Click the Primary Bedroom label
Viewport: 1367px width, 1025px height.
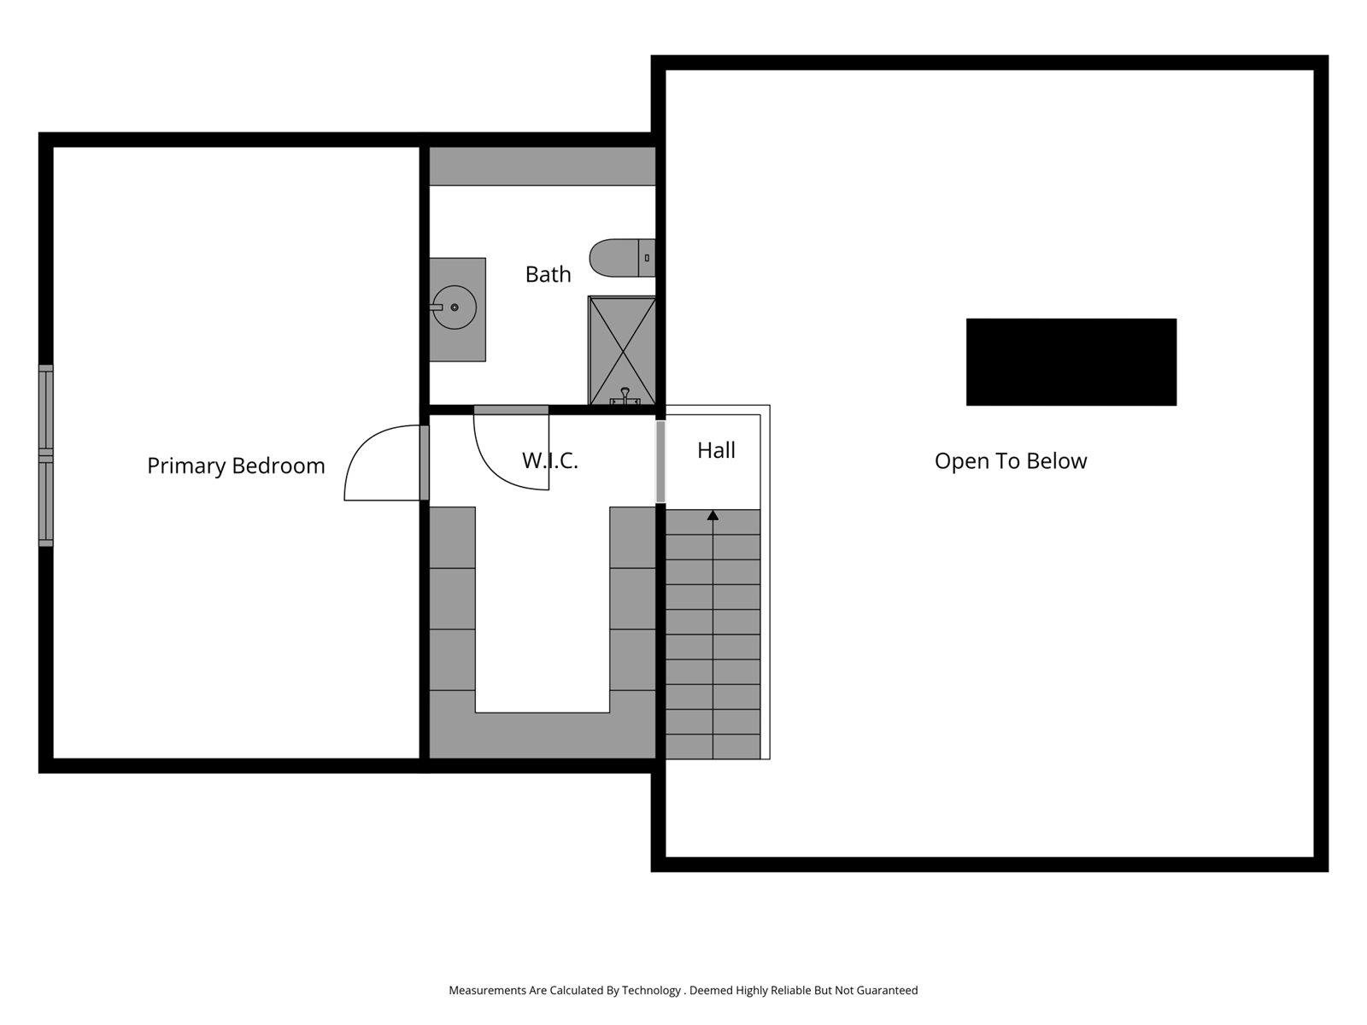[236, 466]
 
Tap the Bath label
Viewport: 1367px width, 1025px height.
[548, 274]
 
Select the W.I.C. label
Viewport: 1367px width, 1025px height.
[550, 460]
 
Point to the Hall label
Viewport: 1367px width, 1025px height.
[716, 450]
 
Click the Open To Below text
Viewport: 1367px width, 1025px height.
[1011, 461]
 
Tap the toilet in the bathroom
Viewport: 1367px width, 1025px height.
[615, 258]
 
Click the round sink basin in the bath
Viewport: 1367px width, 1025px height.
[455, 307]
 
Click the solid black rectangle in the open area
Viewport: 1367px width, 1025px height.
[1071, 362]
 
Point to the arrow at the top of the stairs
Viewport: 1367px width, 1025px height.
[713, 515]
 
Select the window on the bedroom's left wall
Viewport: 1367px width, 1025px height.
[46, 455]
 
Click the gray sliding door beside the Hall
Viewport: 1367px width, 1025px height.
[660, 461]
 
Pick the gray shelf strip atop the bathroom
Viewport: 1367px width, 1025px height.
[542, 166]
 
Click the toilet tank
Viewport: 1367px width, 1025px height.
[647, 258]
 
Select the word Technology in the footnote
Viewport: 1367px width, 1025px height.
[651, 991]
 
